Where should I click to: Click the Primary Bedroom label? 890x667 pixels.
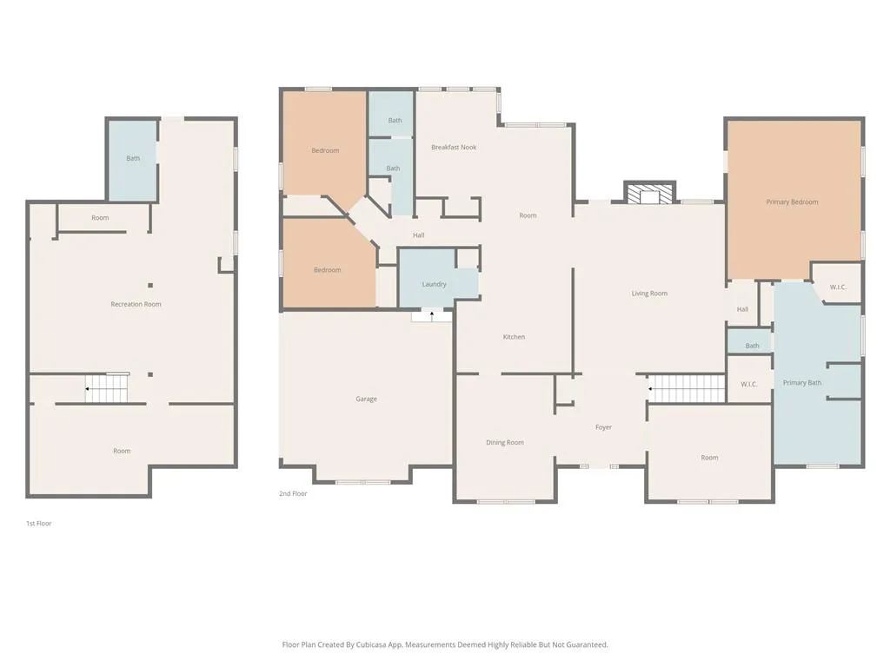point(792,202)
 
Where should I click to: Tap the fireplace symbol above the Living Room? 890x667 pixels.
point(649,194)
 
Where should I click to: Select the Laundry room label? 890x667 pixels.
point(434,285)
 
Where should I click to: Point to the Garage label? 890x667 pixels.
point(366,400)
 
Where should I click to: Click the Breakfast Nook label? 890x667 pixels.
point(454,148)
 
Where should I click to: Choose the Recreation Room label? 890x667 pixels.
point(136,304)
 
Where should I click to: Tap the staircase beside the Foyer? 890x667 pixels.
point(687,388)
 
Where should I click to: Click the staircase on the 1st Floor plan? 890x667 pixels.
point(107,389)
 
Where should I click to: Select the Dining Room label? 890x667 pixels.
point(504,443)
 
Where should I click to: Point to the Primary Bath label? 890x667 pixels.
point(801,383)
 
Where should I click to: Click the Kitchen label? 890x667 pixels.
point(514,337)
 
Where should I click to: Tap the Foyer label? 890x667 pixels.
point(603,427)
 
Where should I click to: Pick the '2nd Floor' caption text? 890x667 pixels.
point(293,493)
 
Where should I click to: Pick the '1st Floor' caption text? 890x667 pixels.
point(38,524)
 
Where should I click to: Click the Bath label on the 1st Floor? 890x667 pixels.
point(133,158)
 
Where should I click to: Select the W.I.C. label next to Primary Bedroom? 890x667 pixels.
point(838,287)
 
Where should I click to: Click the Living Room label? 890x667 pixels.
point(649,294)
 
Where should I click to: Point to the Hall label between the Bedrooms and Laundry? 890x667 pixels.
point(418,235)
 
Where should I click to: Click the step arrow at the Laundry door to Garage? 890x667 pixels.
point(431,314)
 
